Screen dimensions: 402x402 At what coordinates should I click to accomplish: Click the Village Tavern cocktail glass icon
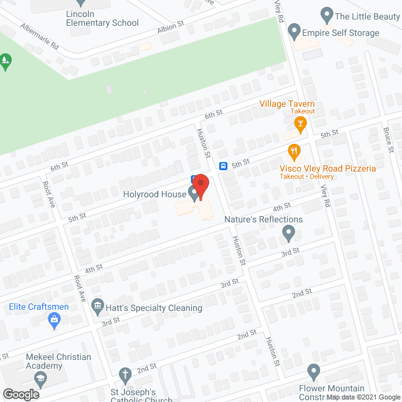[x=301, y=124]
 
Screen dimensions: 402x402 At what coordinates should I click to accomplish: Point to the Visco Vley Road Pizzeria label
[x=328, y=168]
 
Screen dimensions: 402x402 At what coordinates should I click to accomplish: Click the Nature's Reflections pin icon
[x=288, y=234]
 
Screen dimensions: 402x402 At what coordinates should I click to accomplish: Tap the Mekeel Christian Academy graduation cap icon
[x=41, y=379]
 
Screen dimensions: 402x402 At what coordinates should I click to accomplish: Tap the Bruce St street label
[x=388, y=139]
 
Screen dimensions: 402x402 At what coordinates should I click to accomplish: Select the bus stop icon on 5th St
[x=223, y=166]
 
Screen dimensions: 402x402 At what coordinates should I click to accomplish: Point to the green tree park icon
[x=6, y=61]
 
